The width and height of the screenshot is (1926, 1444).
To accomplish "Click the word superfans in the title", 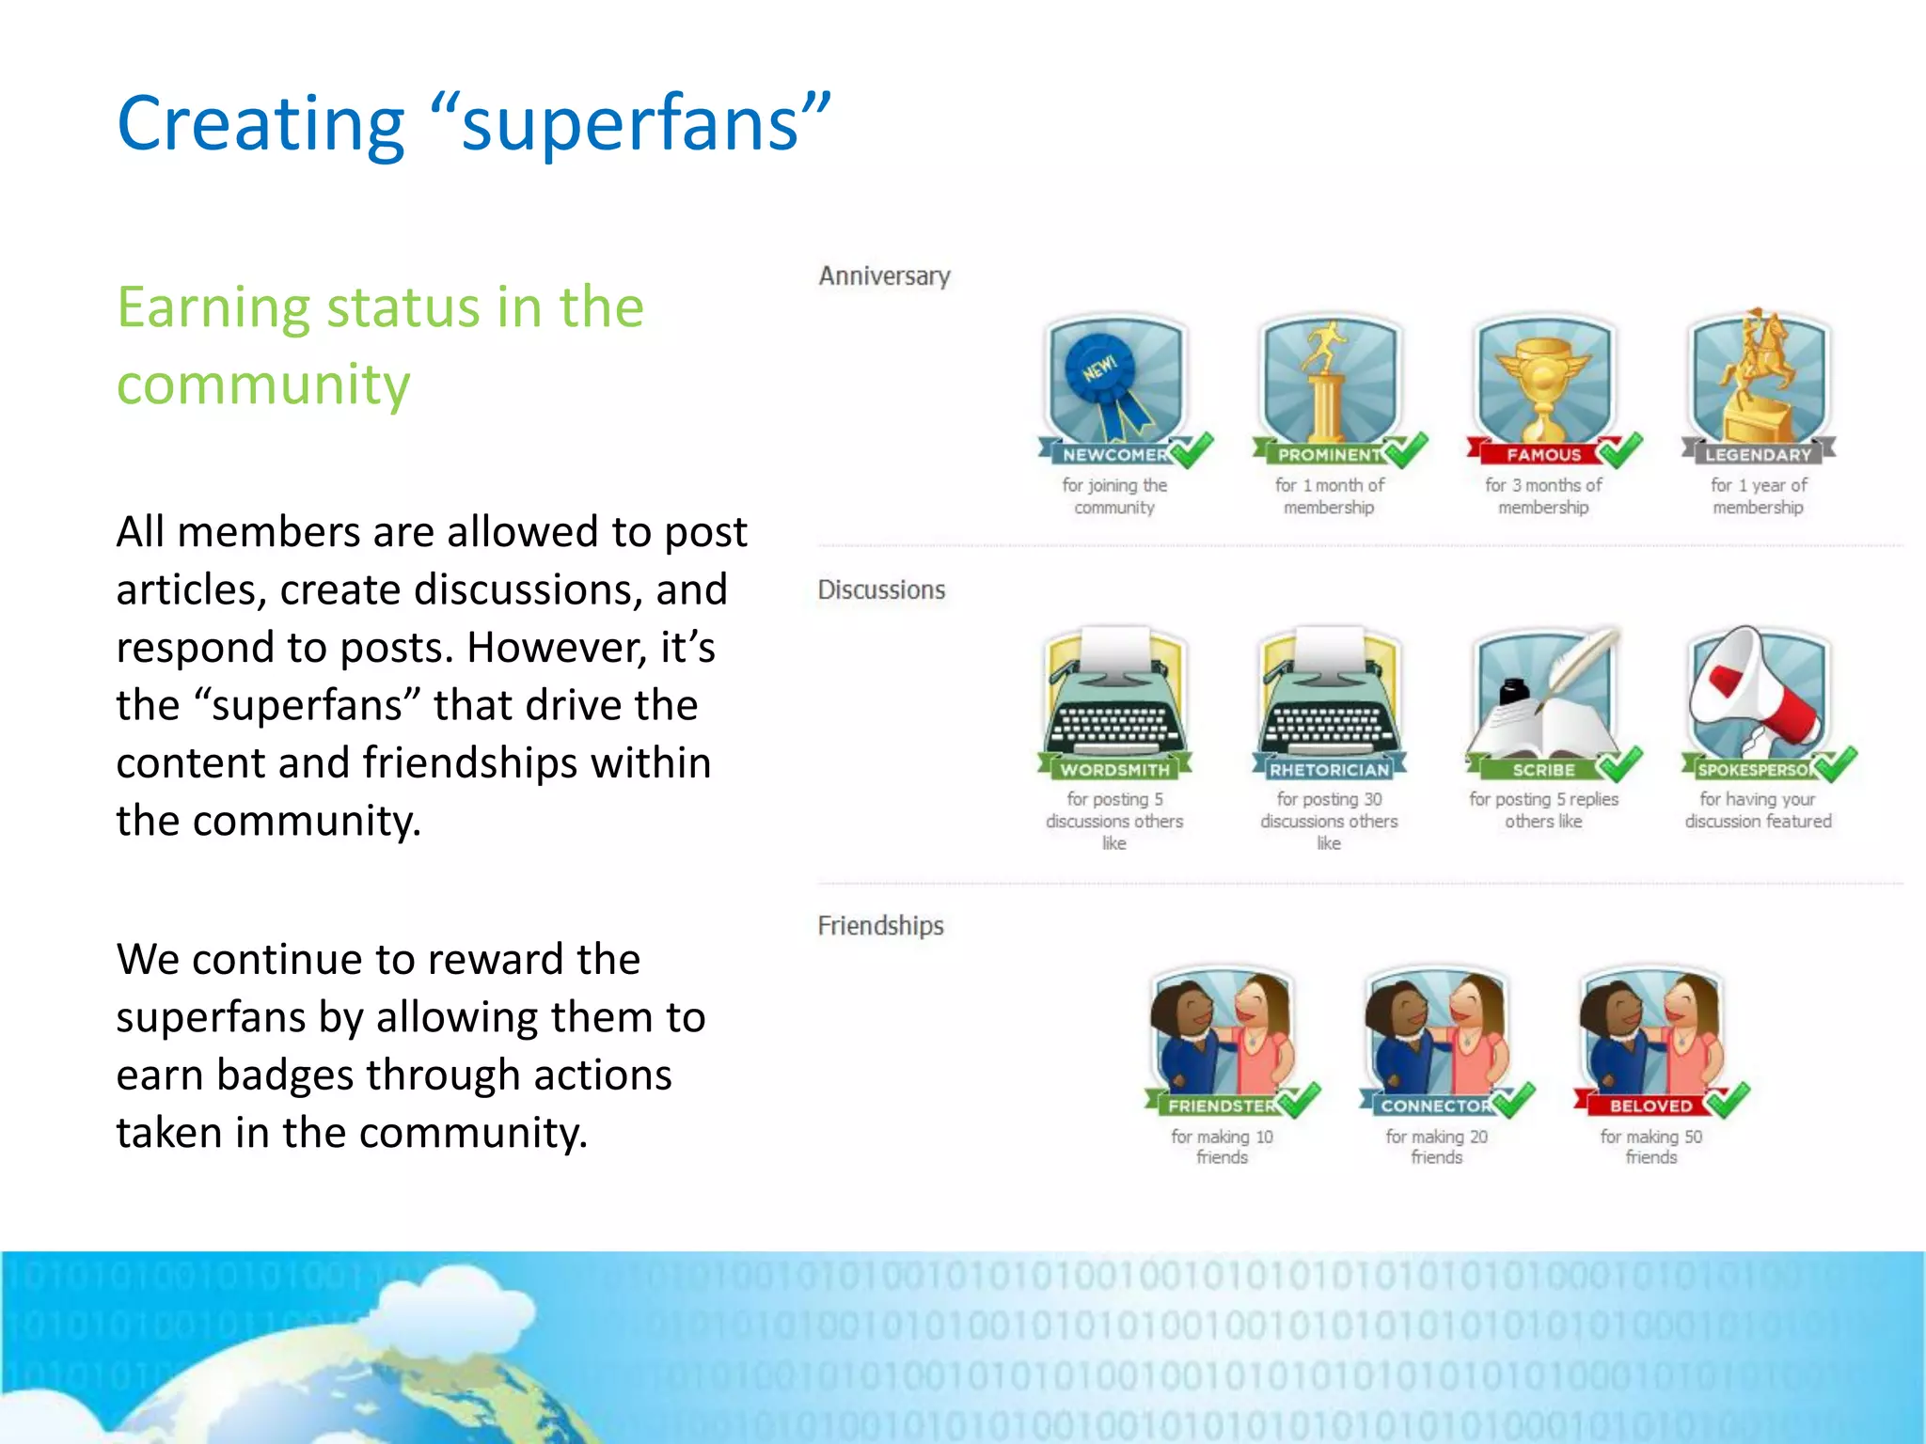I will (629, 125).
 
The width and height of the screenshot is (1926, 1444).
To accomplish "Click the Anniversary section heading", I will (884, 276).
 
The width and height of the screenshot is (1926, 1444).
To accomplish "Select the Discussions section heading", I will (881, 590).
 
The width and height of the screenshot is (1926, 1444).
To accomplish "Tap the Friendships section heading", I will (880, 926).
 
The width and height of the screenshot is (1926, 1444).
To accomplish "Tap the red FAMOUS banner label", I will (1543, 455).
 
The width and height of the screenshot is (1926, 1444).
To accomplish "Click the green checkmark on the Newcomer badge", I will (1192, 450).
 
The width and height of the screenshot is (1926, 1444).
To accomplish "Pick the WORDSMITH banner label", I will (1115, 770).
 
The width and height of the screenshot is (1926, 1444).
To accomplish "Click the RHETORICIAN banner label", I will (1329, 770).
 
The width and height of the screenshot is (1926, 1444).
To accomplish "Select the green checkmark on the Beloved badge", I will (1729, 1100).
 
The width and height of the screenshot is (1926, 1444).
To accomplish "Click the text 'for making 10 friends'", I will (1222, 1147).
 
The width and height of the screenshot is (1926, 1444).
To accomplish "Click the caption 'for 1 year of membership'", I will (1758, 496).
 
